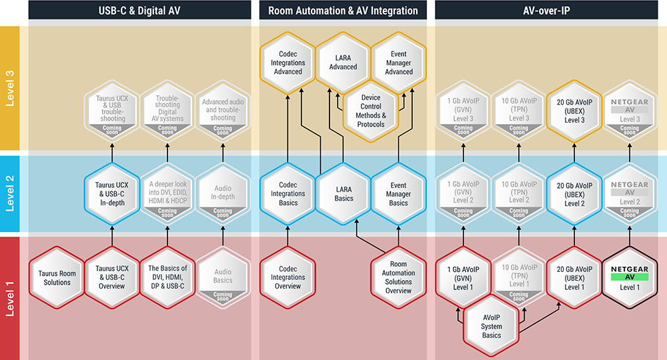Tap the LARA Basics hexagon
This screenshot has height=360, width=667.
(344, 194)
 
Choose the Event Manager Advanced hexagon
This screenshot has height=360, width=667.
(399, 63)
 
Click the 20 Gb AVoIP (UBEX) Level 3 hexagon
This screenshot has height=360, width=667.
(574, 110)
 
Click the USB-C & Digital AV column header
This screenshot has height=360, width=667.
(139, 10)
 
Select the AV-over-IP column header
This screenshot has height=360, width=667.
(547, 10)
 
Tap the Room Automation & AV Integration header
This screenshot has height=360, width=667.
(343, 10)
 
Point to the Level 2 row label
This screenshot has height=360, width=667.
(10, 193)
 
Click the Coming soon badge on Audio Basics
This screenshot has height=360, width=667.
(223, 294)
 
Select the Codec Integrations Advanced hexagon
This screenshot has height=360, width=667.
(288, 63)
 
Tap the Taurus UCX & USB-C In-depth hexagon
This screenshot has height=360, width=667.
(112, 194)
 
